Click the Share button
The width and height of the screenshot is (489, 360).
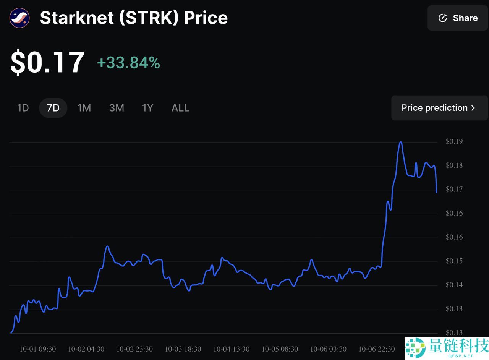click(x=458, y=18)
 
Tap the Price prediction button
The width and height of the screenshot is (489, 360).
click(x=439, y=108)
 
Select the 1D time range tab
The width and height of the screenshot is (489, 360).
click(x=23, y=108)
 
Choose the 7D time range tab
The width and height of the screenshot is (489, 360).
click(x=53, y=108)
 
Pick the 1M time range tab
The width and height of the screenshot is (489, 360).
click(x=84, y=108)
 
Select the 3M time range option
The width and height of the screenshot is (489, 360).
click(x=117, y=108)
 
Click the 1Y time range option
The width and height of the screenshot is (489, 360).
click(x=147, y=108)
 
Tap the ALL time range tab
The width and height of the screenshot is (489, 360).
click(x=180, y=108)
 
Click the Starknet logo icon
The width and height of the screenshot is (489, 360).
click(x=19, y=18)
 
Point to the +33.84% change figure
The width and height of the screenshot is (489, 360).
click(x=128, y=63)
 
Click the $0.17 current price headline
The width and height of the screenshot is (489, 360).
click(x=47, y=62)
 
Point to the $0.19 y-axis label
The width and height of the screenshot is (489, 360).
click(x=454, y=141)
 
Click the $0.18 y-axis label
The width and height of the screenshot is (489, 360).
click(x=454, y=165)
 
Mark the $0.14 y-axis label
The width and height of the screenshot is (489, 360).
click(x=454, y=285)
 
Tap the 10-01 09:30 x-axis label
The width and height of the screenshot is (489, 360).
click(x=38, y=349)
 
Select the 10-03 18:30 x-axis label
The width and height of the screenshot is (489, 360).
click(x=183, y=349)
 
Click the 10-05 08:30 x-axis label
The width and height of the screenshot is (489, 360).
click(x=280, y=349)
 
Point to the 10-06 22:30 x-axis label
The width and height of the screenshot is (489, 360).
click(x=377, y=349)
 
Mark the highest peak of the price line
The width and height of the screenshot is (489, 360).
click(x=400, y=142)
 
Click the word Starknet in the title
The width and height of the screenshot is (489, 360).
click(x=76, y=18)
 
